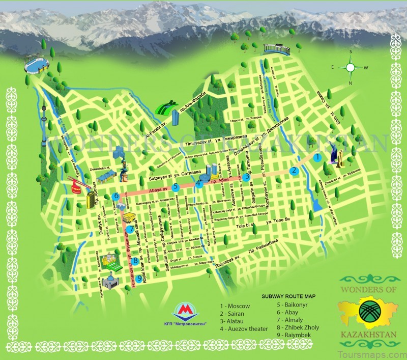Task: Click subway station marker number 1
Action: pos(317,158)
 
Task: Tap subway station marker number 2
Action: pos(294,171)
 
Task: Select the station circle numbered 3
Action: pos(246,178)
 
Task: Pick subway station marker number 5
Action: pos(176,187)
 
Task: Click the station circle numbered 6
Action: pos(116,196)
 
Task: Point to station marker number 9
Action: pos(138,278)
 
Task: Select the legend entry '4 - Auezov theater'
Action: pos(243,329)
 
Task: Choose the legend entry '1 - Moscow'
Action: pos(235,306)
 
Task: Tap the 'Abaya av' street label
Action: pos(157,190)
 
